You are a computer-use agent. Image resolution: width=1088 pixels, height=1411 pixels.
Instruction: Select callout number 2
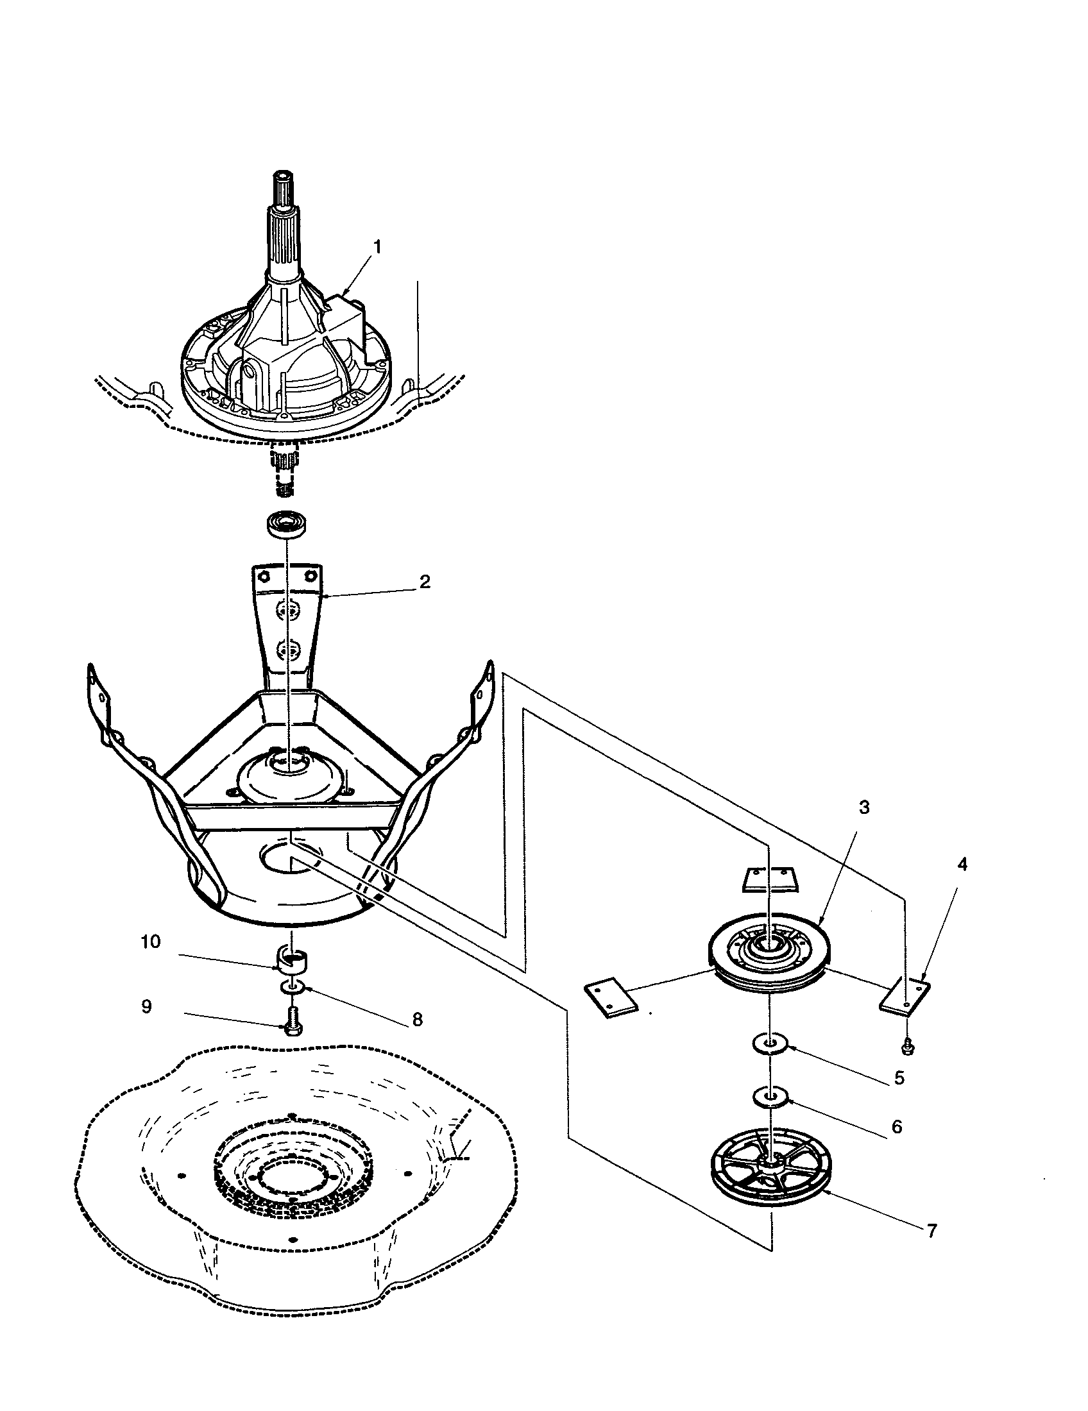(425, 581)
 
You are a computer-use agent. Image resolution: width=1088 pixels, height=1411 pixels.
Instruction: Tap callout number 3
(864, 807)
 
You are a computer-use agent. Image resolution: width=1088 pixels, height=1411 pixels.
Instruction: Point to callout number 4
(962, 865)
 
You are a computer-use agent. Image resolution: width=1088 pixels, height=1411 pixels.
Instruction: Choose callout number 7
(931, 1231)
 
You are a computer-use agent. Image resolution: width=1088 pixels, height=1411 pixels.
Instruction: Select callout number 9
(147, 1006)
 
